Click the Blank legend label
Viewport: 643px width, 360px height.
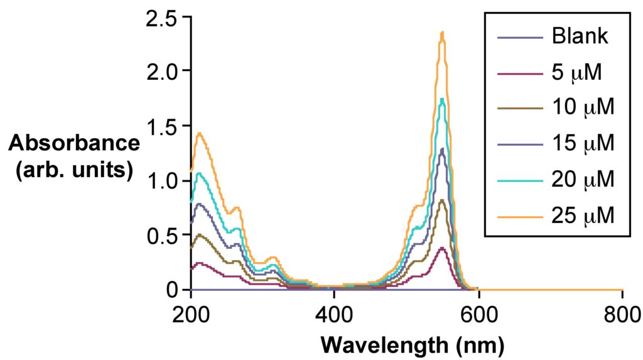[x=580, y=37]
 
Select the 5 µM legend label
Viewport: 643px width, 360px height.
[x=576, y=73]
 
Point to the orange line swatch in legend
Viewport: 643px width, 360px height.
[x=519, y=215]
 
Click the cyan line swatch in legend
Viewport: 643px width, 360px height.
[x=519, y=180]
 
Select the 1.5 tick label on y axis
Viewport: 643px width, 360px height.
[x=161, y=126]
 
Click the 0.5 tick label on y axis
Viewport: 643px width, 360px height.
[x=161, y=236]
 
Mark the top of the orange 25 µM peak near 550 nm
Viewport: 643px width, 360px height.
[x=443, y=33]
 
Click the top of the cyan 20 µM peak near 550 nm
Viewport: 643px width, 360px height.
[x=443, y=99]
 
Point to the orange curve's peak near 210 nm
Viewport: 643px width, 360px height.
[x=200, y=133]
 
